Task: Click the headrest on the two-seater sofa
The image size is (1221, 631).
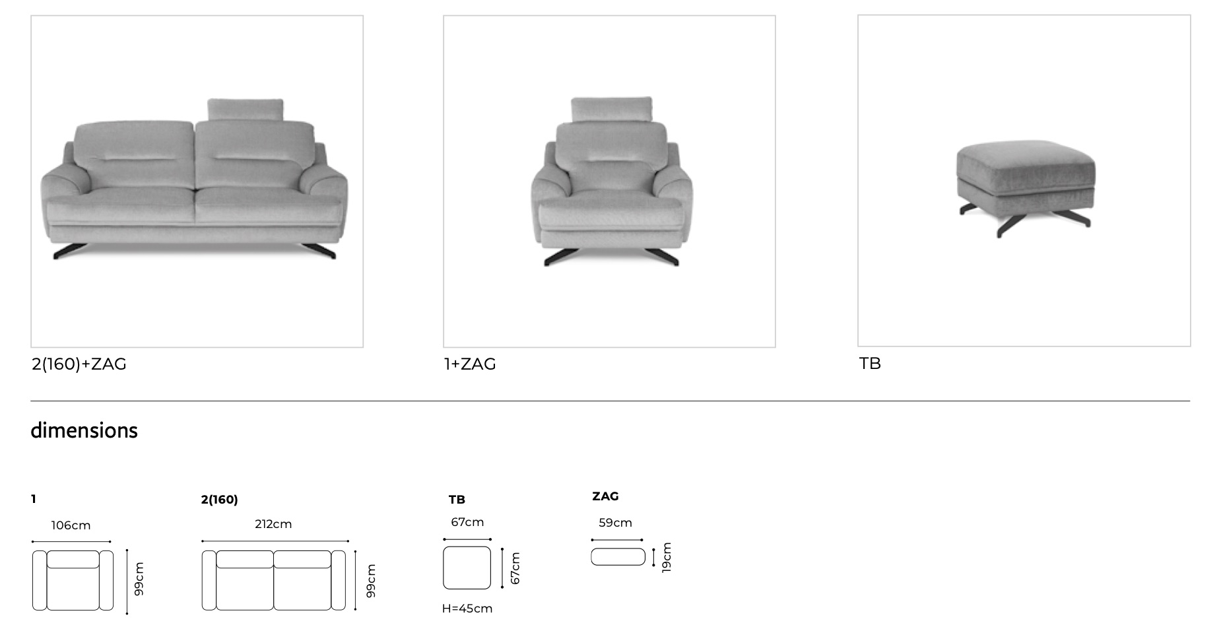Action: tap(246, 110)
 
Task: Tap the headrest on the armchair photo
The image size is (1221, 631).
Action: tap(611, 110)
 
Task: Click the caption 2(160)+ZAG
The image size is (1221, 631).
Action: tap(79, 364)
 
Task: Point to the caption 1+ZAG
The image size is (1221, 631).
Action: tap(470, 364)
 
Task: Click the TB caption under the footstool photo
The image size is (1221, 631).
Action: tap(870, 364)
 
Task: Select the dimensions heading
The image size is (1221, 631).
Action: tap(84, 430)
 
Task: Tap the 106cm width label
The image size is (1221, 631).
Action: tap(71, 525)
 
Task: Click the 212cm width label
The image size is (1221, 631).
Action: tap(273, 524)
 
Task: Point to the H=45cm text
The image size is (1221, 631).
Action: tap(467, 609)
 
